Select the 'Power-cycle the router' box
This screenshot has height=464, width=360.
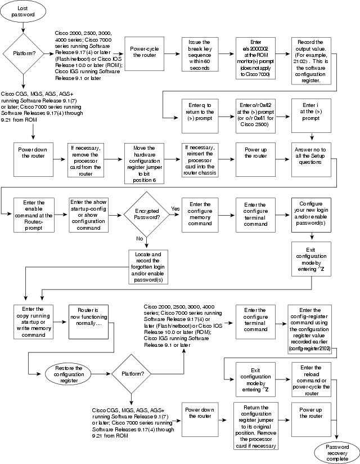click(145, 56)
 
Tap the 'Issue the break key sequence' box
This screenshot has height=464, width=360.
click(199, 56)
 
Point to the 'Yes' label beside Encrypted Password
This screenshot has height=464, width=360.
click(174, 208)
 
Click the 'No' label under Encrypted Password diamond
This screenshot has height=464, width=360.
click(138, 239)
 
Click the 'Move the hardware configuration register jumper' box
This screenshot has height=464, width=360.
click(145, 159)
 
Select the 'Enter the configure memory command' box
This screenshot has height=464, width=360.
click(199, 216)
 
